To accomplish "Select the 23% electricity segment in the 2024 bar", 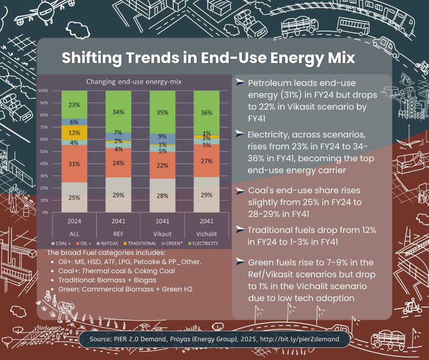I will [74, 105].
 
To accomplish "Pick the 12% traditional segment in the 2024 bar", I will [74, 132].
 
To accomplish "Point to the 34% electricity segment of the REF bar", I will [119, 112].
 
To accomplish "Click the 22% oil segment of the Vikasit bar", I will [162, 165].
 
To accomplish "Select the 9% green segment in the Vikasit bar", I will [162, 136].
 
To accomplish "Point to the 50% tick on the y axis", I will [44, 152].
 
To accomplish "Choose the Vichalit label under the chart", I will [206, 233].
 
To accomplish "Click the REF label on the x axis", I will [119, 233].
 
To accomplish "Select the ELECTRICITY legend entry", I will [204, 244].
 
